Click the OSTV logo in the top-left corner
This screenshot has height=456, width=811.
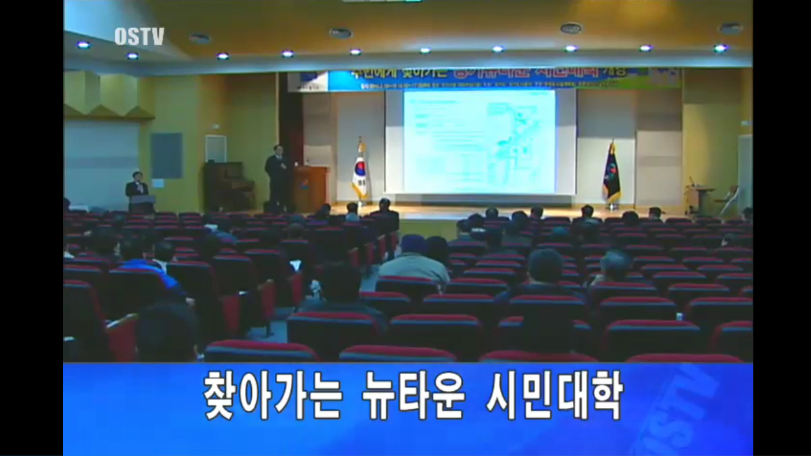[138, 37]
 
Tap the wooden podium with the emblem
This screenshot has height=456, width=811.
[310, 188]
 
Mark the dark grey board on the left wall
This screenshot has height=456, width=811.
[166, 155]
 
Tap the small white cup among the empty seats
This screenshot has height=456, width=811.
[679, 316]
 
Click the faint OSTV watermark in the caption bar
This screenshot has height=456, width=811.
[679, 407]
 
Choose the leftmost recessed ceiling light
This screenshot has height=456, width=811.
[83, 45]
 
